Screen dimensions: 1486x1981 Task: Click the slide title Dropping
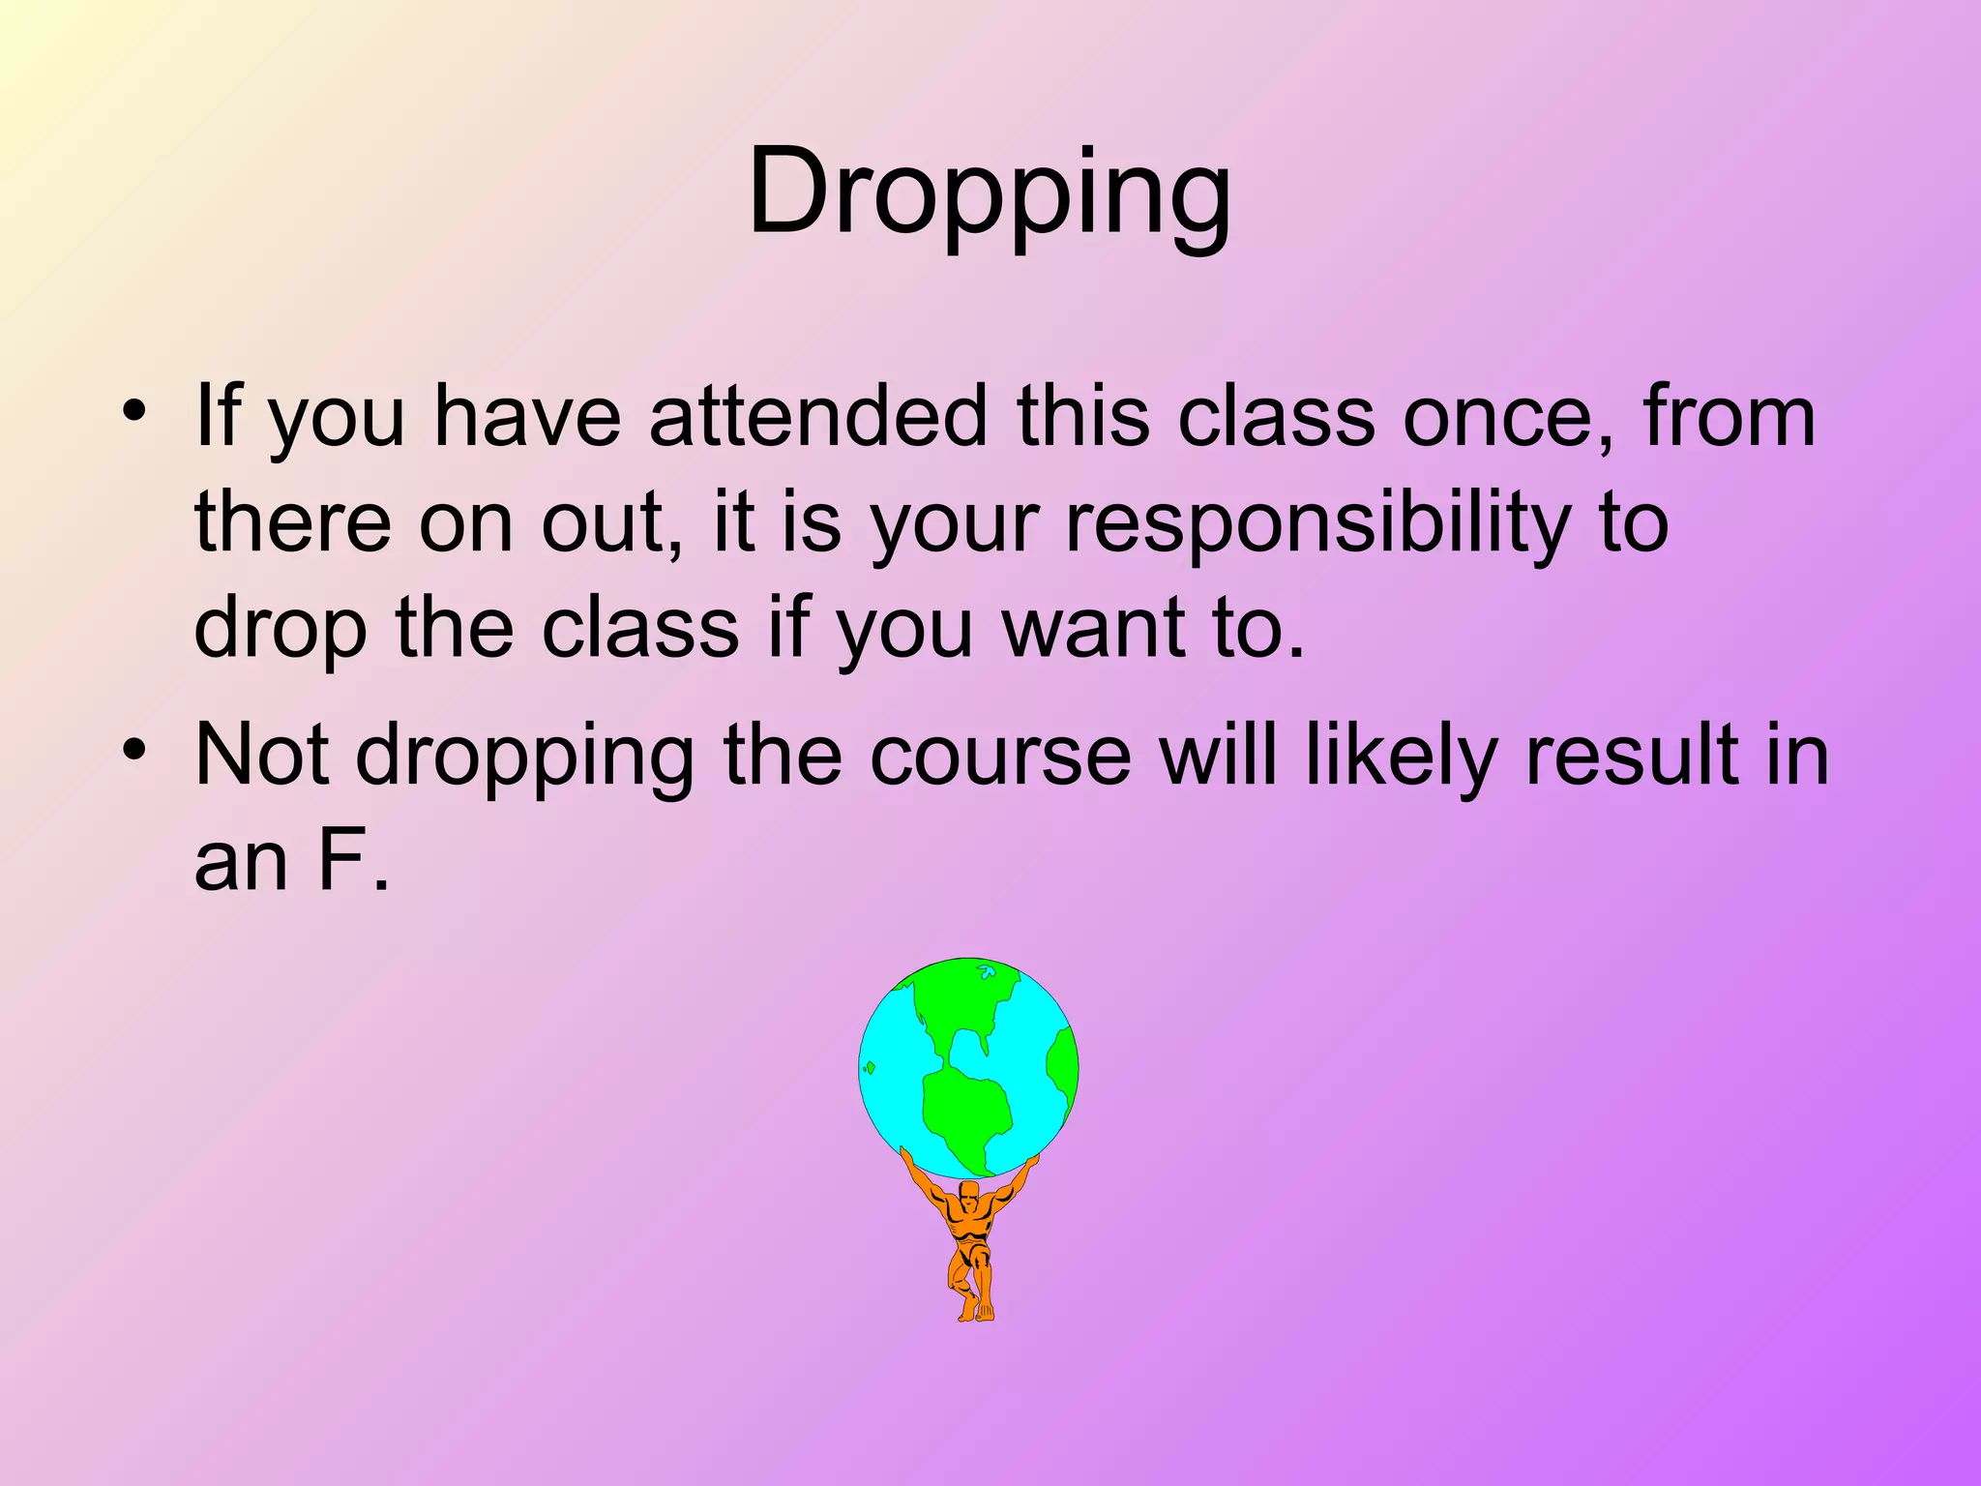coord(990,193)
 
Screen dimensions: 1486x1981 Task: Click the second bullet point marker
coord(134,749)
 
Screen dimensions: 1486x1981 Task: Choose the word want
coord(1092,629)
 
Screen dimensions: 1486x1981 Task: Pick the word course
coord(1000,757)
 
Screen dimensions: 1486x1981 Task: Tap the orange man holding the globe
coord(970,1243)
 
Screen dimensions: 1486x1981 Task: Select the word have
coord(527,418)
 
